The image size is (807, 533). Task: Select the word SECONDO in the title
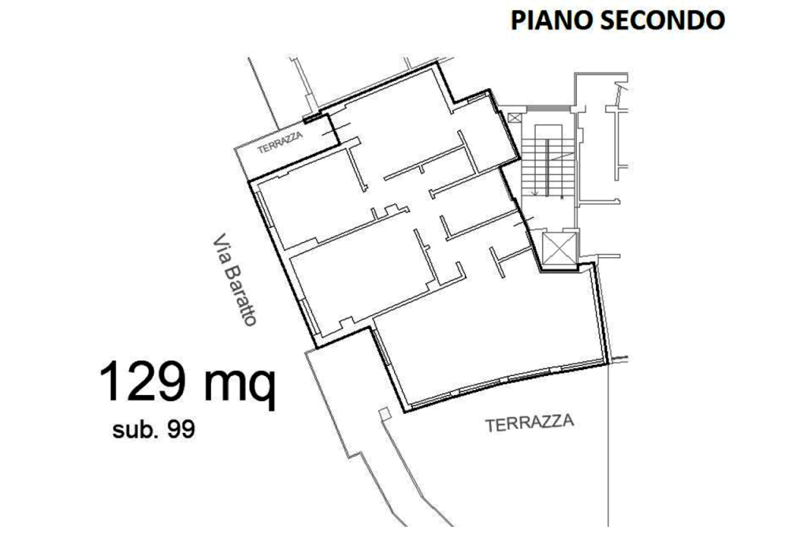pyautogui.click(x=663, y=20)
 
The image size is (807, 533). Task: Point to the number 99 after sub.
pyautogui.click(x=180, y=430)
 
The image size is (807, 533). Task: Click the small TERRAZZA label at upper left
pyautogui.click(x=280, y=142)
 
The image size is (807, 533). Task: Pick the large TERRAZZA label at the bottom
pyautogui.click(x=530, y=423)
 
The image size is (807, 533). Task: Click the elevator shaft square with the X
pyautogui.click(x=560, y=248)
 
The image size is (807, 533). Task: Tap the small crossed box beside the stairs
pyautogui.click(x=514, y=118)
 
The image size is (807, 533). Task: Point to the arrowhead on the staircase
pyautogui.click(x=535, y=192)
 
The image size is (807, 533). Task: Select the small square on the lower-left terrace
pyautogui.click(x=384, y=414)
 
